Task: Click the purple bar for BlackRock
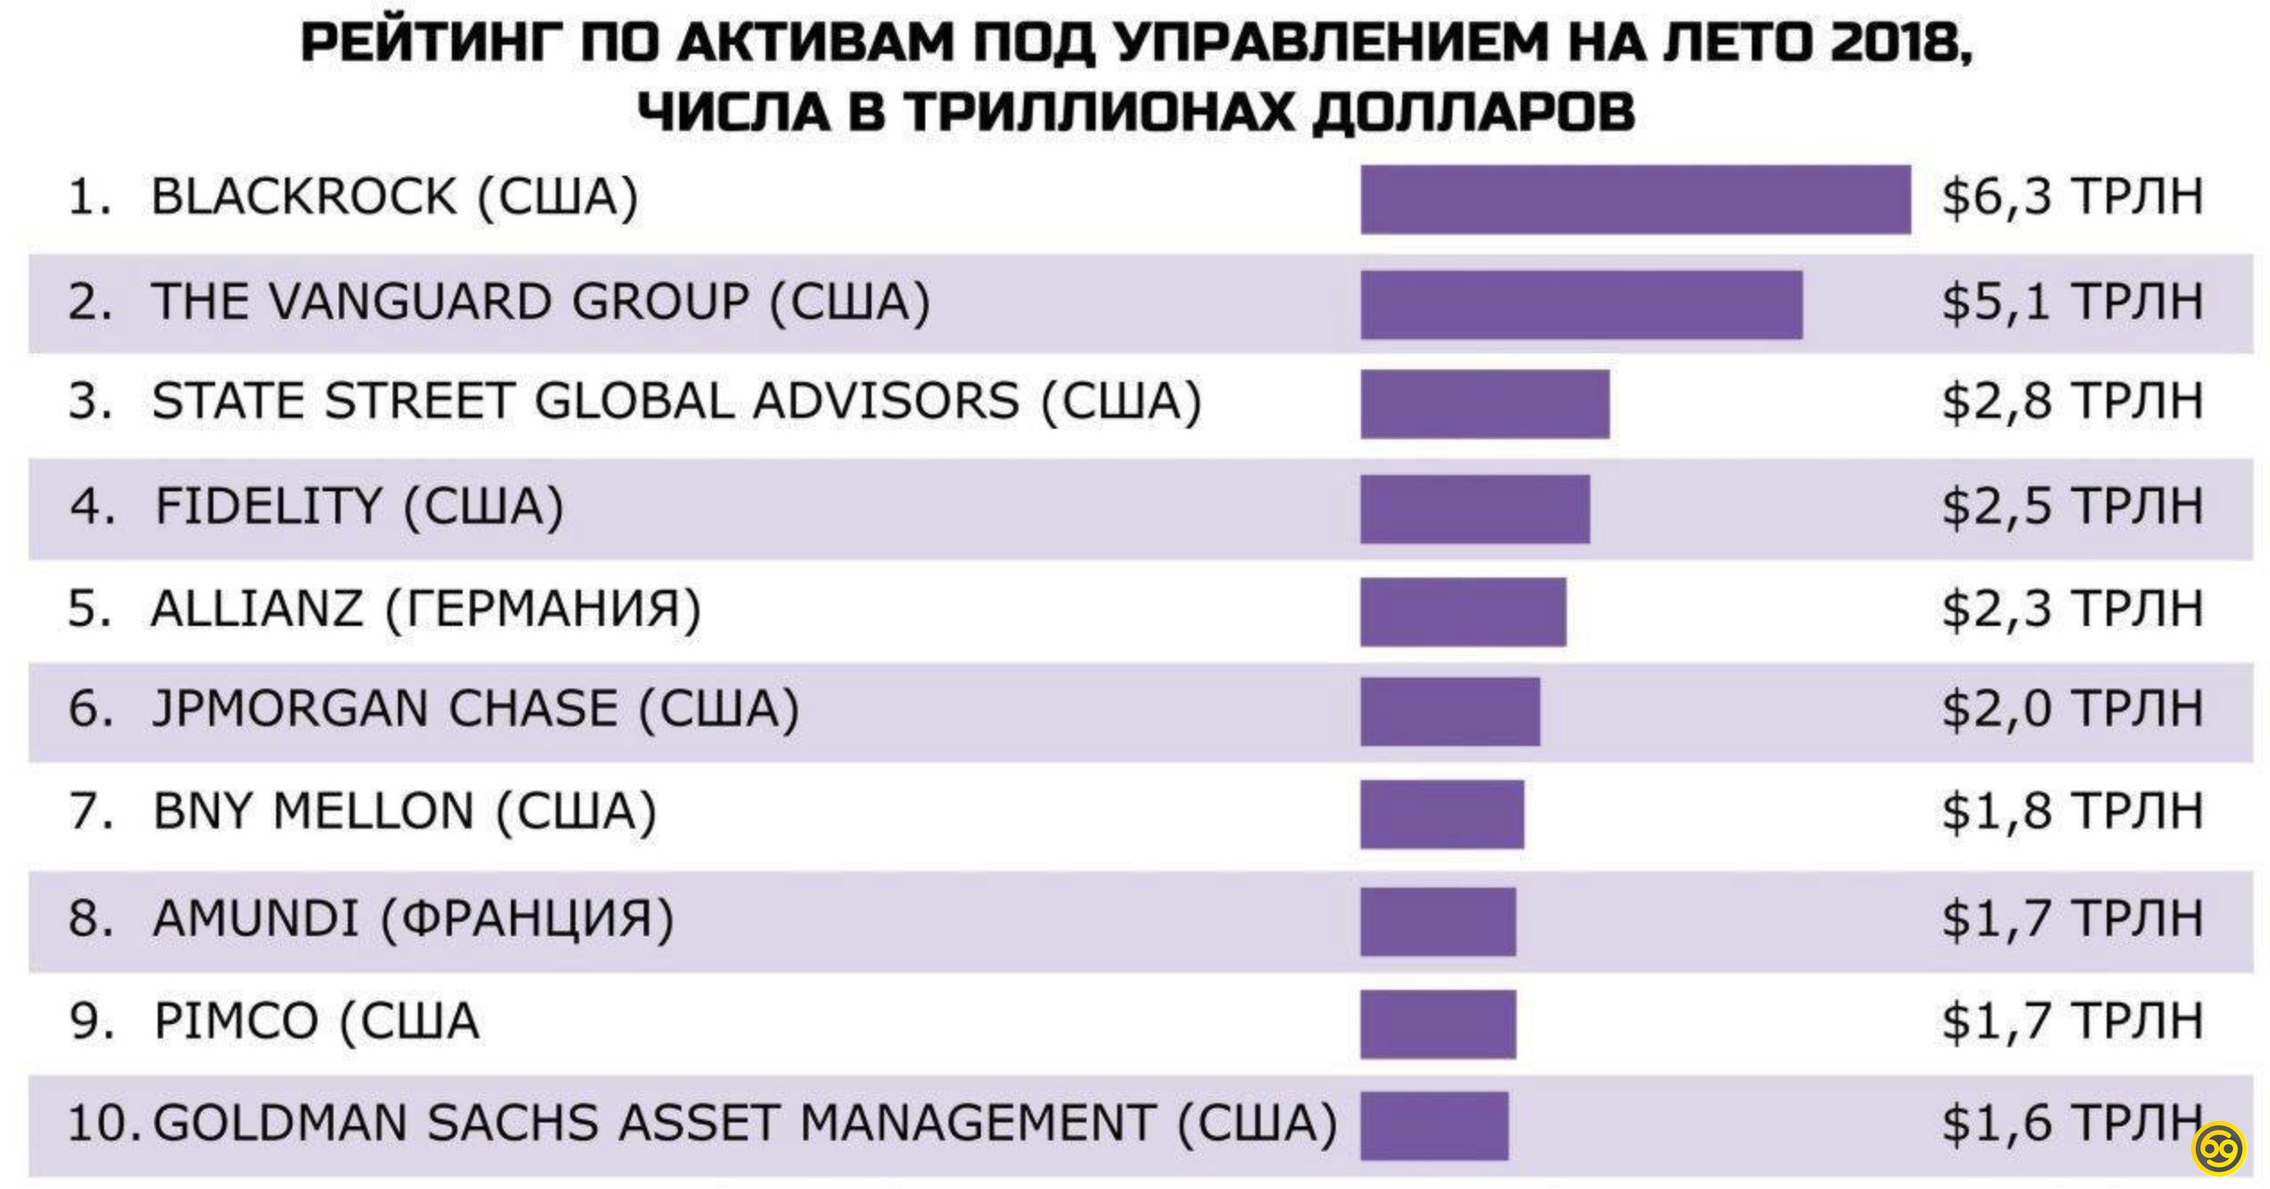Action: [1634, 199]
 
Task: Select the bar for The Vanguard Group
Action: [1581, 304]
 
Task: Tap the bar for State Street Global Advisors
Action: [1485, 404]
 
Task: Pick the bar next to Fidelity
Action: [1475, 508]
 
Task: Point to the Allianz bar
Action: [1463, 612]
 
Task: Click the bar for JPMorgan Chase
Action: [1450, 711]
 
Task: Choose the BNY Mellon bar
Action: [1442, 814]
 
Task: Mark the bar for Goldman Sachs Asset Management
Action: [1434, 1125]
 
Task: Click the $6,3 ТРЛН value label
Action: [2072, 197]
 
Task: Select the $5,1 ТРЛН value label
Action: [2072, 302]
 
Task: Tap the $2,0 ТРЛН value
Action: [2072, 709]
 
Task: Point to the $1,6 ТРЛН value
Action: [2072, 1124]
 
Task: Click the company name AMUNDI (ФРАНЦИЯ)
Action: [413, 919]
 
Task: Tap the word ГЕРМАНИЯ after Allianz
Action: [543, 610]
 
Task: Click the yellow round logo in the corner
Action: [2220, 1149]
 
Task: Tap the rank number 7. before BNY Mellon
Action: [91, 812]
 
